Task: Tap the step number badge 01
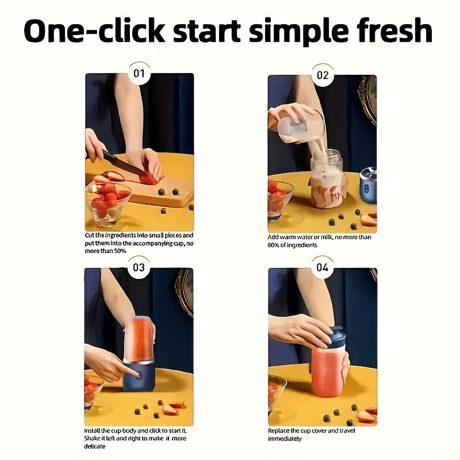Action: click(139, 74)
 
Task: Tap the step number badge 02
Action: click(323, 75)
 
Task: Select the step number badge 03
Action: click(139, 267)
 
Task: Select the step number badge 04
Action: click(323, 267)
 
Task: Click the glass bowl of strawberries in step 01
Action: click(108, 202)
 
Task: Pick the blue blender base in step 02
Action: click(368, 186)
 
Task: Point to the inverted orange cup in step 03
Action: click(138, 339)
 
